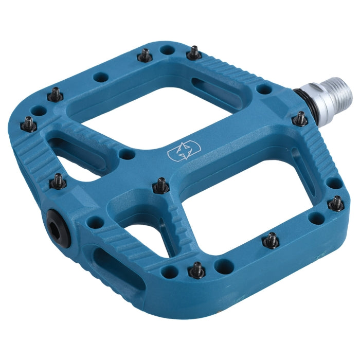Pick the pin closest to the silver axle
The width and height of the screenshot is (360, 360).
click(300, 119)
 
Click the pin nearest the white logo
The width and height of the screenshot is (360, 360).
click(161, 185)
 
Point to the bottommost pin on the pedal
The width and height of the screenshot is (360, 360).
click(196, 269)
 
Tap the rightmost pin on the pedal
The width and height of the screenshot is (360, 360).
click(336, 203)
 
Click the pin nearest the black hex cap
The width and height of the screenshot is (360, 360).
click(59, 181)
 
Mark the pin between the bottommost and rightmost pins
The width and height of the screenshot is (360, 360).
click(271, 240)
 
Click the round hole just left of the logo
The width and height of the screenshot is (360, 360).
click(124, 154)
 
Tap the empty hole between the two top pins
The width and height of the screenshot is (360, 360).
click(167, 50)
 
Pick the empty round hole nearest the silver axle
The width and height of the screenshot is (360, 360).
click(264, 89)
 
